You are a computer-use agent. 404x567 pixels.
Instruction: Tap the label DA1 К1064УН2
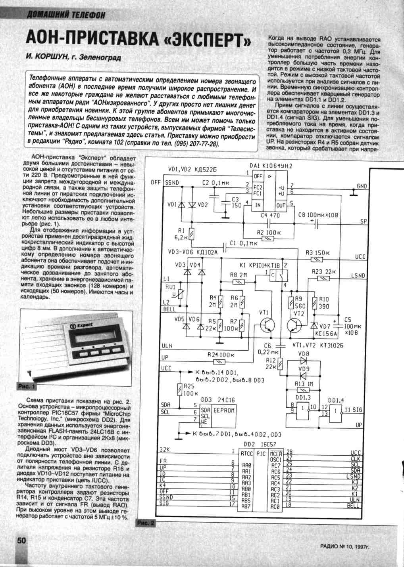coord(271,166)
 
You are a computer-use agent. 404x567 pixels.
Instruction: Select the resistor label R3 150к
coord(318,252)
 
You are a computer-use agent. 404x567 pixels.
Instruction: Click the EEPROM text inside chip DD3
coord(224,410)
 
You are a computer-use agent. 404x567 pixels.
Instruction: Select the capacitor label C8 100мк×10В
coord(318,215)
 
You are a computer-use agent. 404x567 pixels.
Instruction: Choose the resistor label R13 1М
coord(305,384)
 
